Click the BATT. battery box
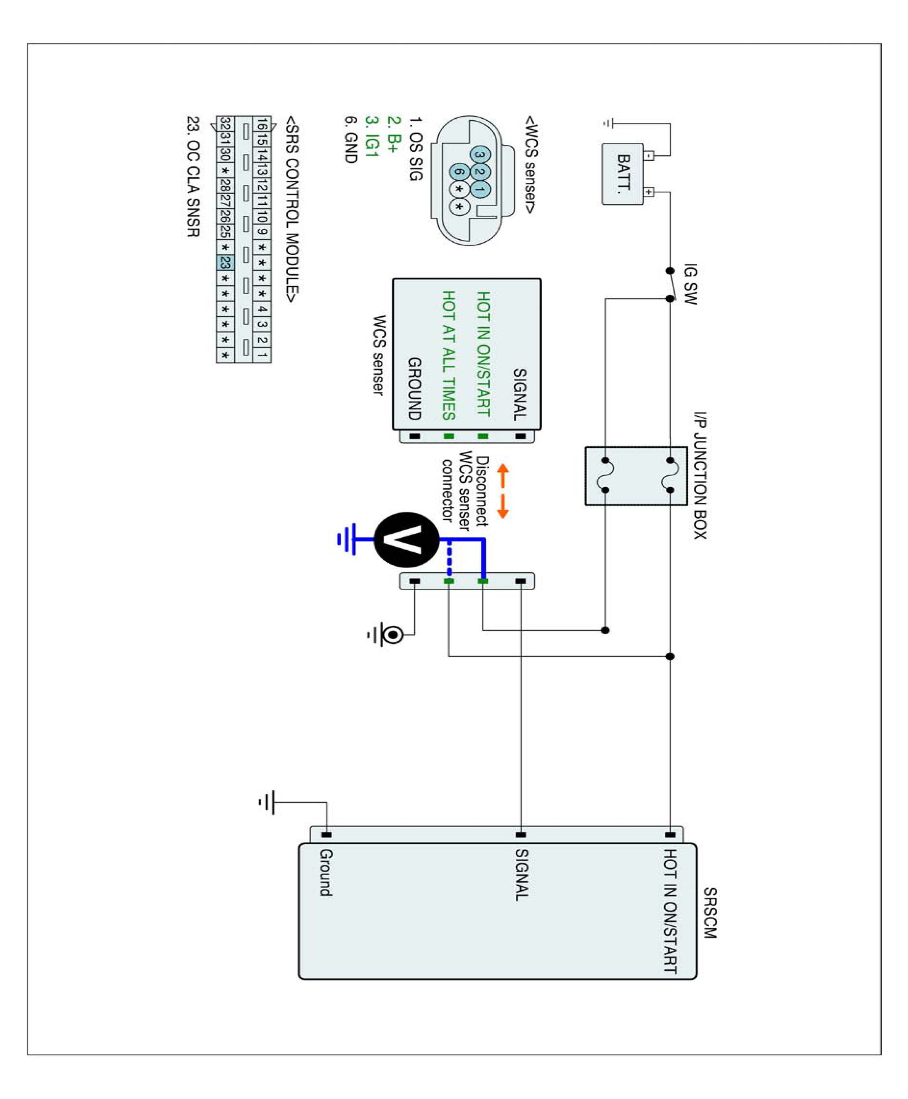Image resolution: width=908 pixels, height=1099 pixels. [x=623, y=174]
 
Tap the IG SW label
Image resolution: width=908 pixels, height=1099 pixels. [x=691, y=284]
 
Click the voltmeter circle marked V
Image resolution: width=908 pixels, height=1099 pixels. [x=407, y=540]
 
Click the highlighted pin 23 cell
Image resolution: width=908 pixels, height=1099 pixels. [x=225, y=263]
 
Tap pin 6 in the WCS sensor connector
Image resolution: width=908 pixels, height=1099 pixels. [x=459, y=171]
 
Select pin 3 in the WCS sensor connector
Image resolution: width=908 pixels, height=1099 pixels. [x=480, y=154]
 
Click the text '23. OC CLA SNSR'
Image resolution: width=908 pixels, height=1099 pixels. [x=193, y=176]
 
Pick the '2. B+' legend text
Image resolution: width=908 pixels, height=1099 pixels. [x=393, y=134]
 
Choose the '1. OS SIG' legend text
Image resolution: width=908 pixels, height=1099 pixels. [x=415, y=149]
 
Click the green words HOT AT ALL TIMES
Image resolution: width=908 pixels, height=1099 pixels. [x=449, y=355]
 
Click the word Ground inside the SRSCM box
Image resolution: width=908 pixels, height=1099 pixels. [x=326, y=873]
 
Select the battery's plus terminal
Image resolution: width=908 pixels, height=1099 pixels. [x=649, y=192]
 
